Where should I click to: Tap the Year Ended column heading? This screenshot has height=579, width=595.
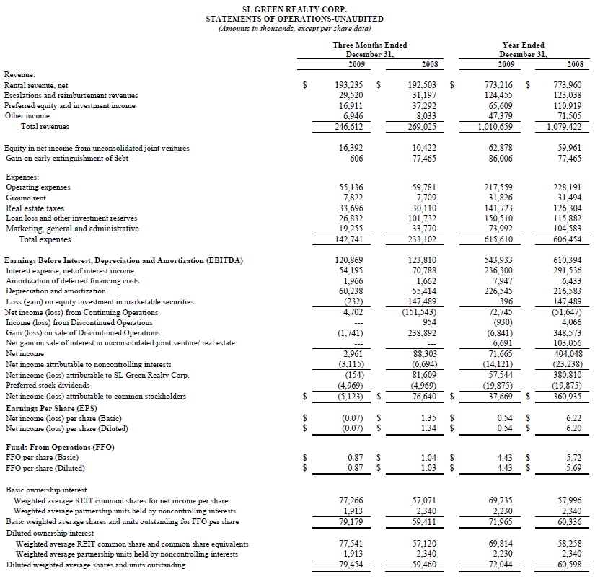(523, 45)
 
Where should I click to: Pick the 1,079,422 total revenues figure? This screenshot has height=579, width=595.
(564, 126)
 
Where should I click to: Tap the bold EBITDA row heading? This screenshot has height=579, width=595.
(123, 260)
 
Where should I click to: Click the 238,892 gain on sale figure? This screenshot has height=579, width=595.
(423, 333)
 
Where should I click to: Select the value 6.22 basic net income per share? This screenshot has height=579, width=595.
(574, 417)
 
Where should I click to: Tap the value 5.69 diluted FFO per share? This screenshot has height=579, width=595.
(574, 468)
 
